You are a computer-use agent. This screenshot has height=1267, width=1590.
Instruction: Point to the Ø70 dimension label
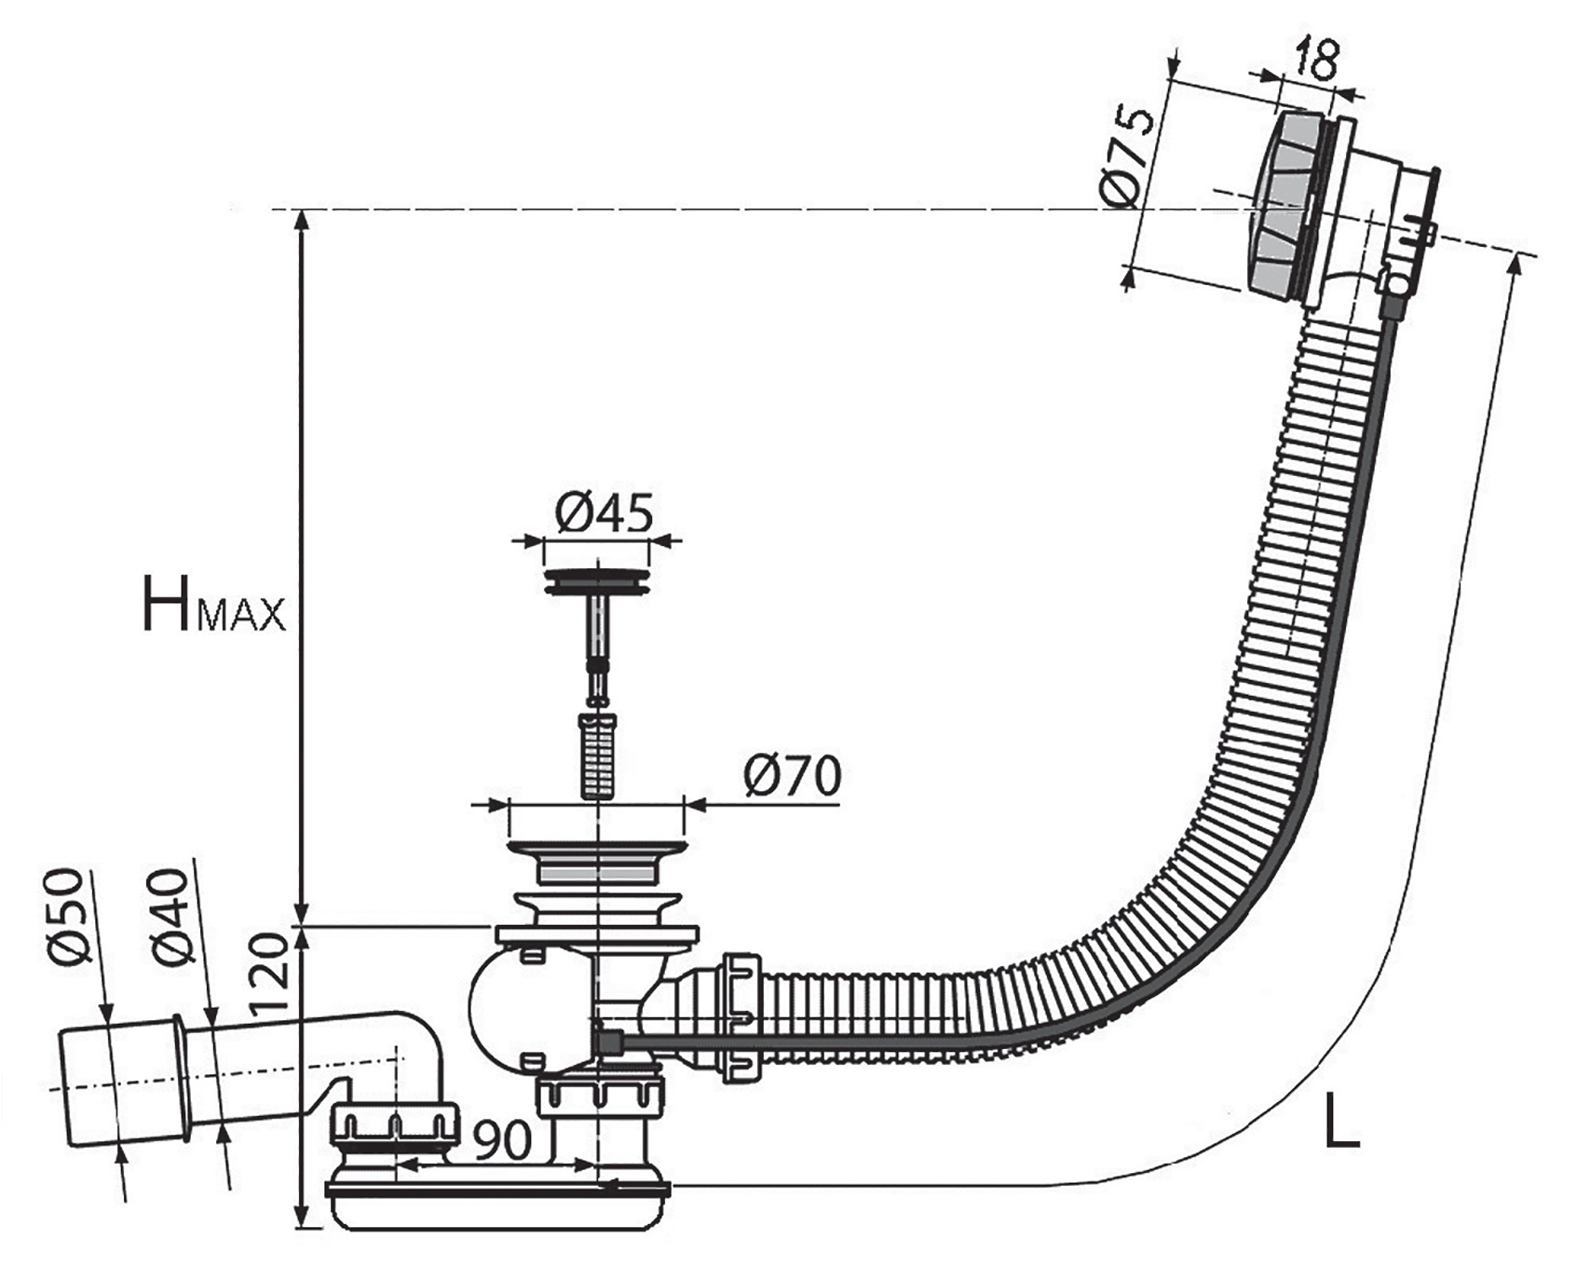793,775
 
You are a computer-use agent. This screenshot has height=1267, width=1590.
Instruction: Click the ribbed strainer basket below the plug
598,756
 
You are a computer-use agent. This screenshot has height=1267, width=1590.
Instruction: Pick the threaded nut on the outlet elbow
396,1124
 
